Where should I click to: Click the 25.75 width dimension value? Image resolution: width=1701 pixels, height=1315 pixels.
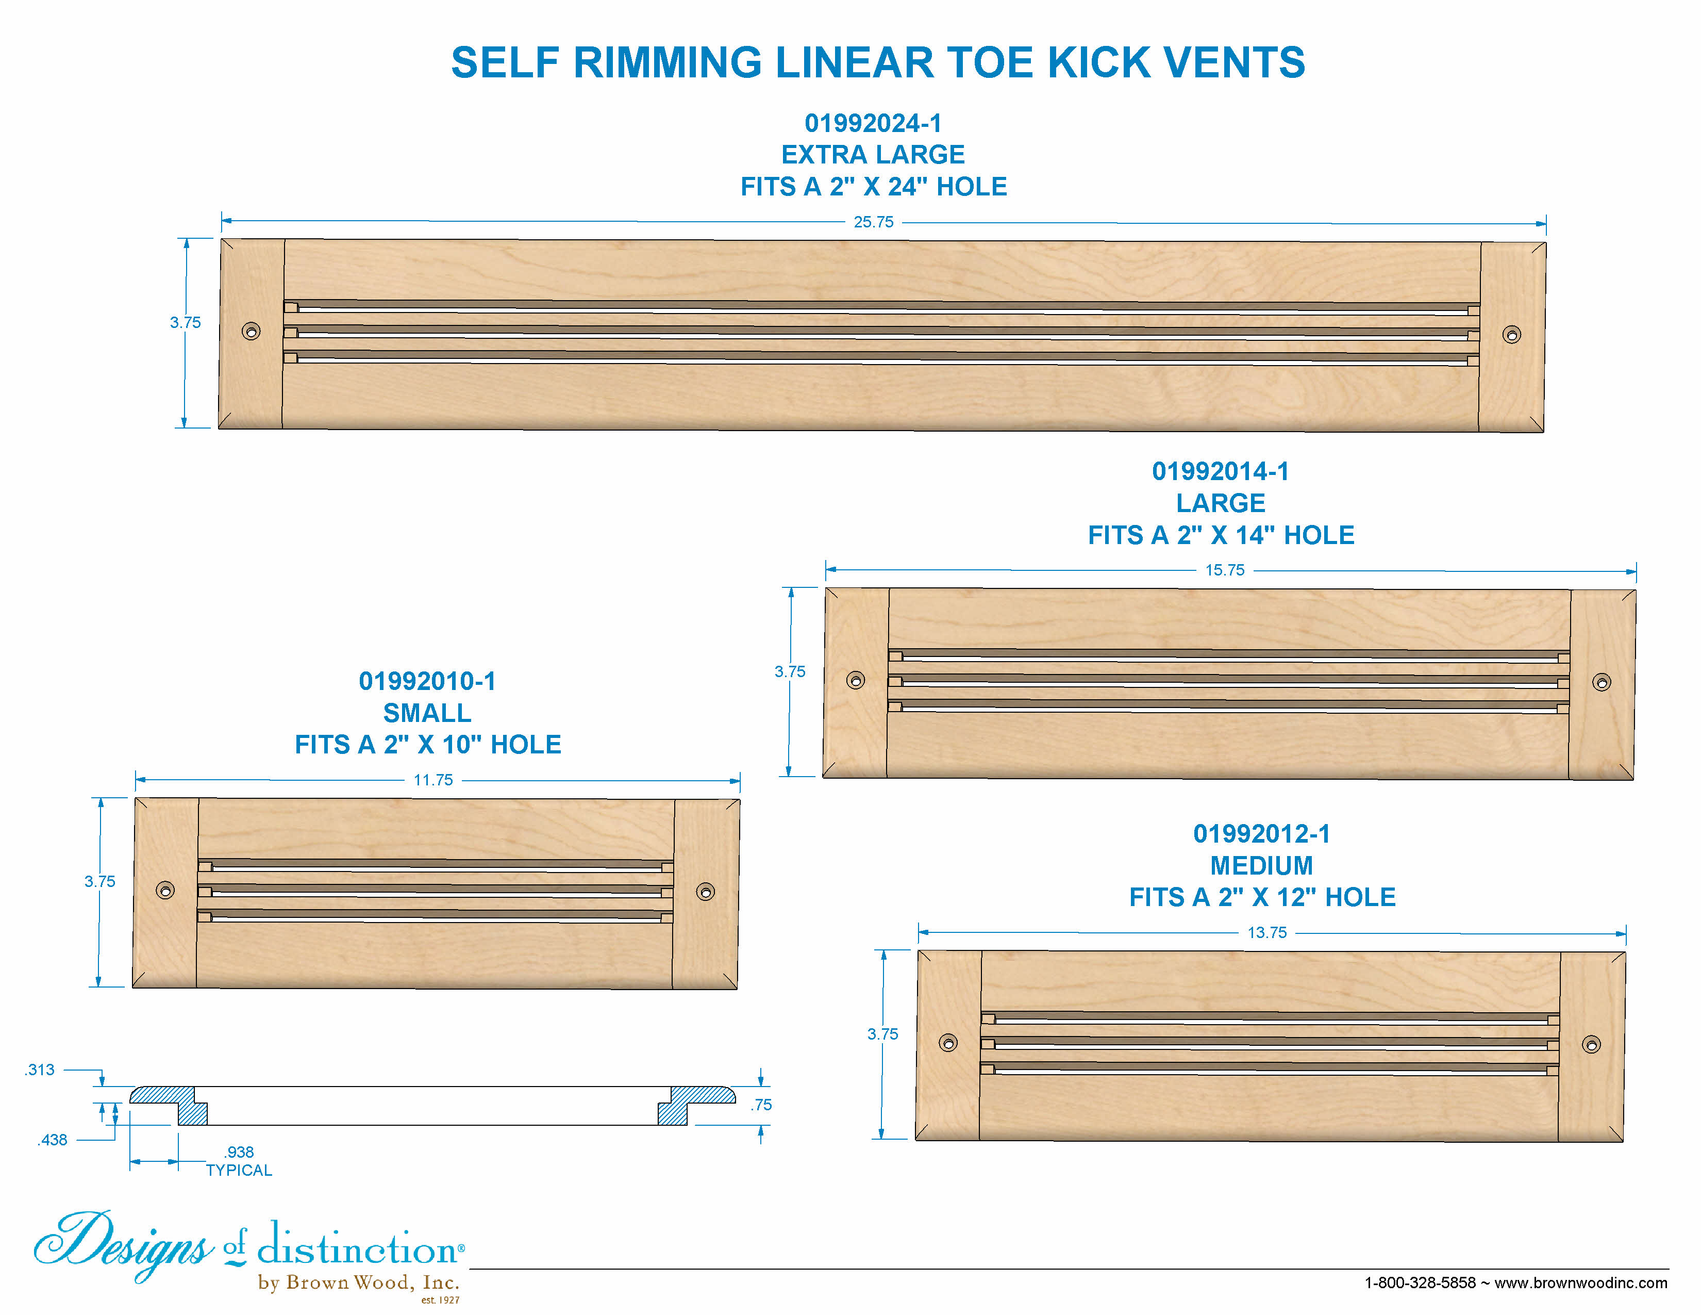point(873,222)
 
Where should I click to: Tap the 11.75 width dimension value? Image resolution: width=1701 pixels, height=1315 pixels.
point(433,780)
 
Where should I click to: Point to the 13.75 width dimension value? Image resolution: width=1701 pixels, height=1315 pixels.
point(1266,932)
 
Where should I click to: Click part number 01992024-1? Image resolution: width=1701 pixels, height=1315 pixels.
point(873,123)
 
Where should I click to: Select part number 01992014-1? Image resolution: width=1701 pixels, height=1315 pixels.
point(1221,471)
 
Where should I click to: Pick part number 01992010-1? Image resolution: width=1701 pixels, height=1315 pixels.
point(427,682)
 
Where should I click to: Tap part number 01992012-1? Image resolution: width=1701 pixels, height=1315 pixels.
point(1262,834)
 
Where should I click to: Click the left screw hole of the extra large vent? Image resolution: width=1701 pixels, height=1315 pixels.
point(251,331)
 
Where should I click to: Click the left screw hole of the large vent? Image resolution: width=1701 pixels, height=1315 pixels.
point(855,680)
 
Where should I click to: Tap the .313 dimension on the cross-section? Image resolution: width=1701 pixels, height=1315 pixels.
point(39,1070)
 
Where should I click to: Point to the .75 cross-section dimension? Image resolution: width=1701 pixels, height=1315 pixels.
point(761,1105)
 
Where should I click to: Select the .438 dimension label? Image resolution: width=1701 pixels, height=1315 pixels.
point(52,1140)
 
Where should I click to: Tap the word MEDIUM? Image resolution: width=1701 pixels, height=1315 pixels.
point(1262,865)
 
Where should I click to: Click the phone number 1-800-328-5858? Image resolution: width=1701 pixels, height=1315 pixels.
point(1420,1283)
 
